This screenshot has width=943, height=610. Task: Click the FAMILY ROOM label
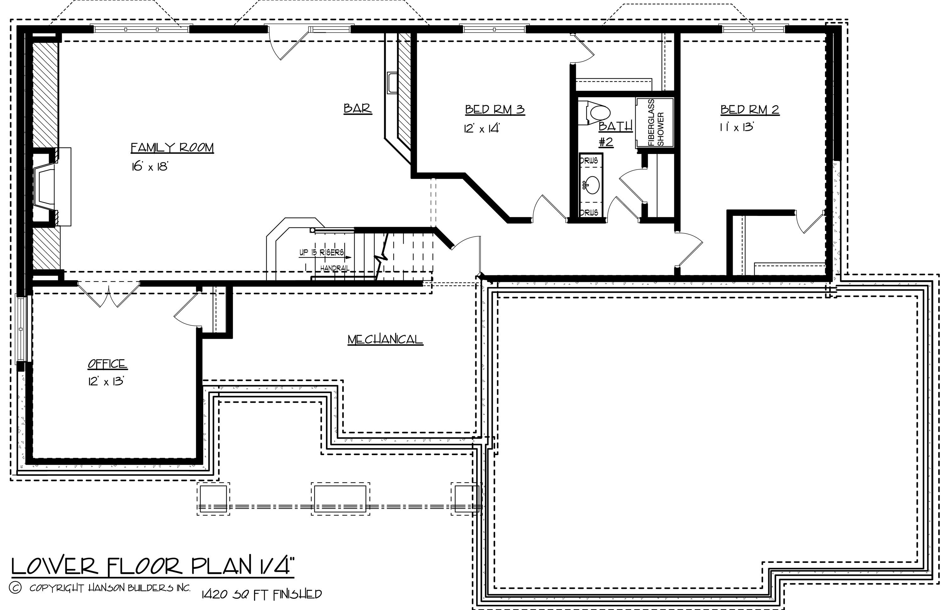[x=172, y=148]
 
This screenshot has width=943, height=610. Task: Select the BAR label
[x=357, y=108]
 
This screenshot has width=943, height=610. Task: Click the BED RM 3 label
[x=494, y=110]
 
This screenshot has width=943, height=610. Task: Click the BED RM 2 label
[x=750, y=110]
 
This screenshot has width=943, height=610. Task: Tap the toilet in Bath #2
[x=597, y=113]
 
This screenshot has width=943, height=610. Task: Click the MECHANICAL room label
[x=385, y=339]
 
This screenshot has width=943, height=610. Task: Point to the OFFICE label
[x=108, y=364]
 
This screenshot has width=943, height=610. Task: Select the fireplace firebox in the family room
[x=44, y=186]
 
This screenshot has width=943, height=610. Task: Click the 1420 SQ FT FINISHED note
[x=262, y=594]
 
